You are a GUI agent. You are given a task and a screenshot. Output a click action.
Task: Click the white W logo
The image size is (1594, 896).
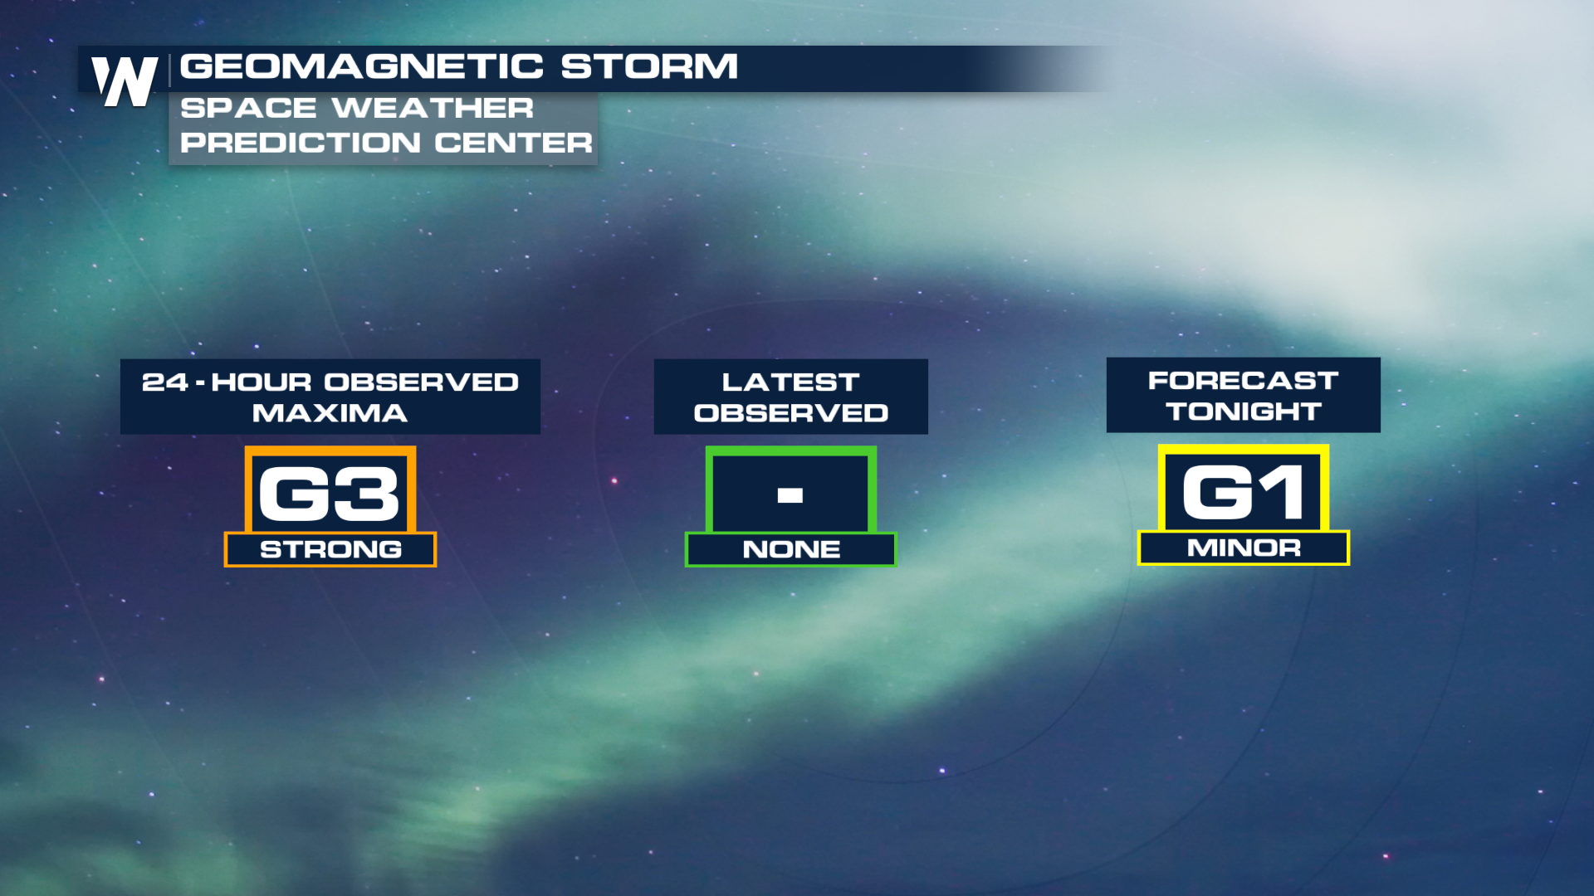pyautogui.click(x=125, y=81)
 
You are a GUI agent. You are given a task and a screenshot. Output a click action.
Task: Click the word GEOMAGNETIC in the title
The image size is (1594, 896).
pyautogui.click(x=362, y=66)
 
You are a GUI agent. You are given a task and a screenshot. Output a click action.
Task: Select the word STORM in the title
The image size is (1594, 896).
pyautogui.click(x=649, y=66)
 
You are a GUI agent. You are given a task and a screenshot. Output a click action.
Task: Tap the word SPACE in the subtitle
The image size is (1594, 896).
pyautogui.click(x=248, y=108)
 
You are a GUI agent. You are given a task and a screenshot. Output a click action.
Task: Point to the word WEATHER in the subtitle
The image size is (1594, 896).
pyautogui.click(x=433, y=108)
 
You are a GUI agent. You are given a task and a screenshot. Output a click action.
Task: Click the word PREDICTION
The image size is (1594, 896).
pyautogui.click(x=300, y=143)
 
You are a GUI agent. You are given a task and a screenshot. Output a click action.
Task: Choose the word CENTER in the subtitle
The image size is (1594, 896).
pyautogui.click(x=513, y=143)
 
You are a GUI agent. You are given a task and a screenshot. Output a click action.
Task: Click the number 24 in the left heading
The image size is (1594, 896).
pyautogui.click(x=165, y=382)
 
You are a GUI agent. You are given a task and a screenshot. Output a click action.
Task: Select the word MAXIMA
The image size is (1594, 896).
pyautogui.click(x=330, y=412)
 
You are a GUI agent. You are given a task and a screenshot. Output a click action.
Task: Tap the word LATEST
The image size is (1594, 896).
pyautogui.click(x=790, y=382)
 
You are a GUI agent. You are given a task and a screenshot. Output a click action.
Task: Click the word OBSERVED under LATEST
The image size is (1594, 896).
pyautogui.click(x=791, y=412)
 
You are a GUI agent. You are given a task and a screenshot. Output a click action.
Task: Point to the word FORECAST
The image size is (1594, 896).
pyautogui.click(x=1243, y=380)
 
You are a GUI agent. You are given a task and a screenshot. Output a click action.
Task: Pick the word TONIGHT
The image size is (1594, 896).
pyautogui.click(x=1244, y=411)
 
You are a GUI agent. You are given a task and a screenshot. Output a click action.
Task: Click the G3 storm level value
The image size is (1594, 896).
pyautogui.click(x=330, y=494)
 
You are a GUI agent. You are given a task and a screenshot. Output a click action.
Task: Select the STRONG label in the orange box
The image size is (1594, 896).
pyautogui.click(x=330, y=548)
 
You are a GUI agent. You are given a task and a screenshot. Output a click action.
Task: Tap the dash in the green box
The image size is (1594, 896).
pyautogui.click(x=790, y=495)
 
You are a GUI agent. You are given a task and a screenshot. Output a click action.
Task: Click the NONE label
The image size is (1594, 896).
pyautogui.click(x=791, y=548)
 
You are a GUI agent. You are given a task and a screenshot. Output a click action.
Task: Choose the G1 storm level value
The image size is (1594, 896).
pyautogui.click(x=1243, y=492)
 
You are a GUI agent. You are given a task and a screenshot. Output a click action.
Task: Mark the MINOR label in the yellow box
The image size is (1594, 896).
pyautogui.click(x=1244, y=547)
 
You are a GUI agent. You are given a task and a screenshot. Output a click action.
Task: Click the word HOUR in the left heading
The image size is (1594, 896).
pyautogui.click(x=262, y=382)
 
